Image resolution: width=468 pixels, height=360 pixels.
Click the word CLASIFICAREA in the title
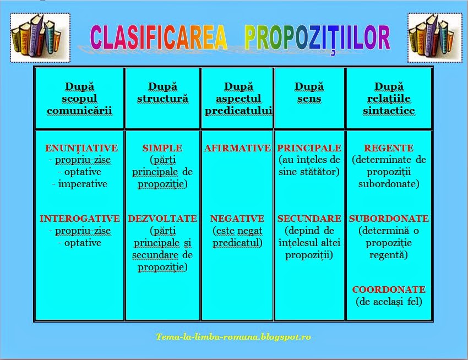[159, 37]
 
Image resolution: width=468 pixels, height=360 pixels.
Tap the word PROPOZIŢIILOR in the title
[317, 37]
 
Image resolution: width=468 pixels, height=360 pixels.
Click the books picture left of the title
[40, 38]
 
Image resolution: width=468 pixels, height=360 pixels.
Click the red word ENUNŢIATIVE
[81, 148]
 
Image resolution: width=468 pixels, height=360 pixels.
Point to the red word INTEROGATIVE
[80, 219]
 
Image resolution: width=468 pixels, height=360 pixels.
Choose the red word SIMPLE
[162, 148]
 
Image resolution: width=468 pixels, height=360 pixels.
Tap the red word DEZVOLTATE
[162, 219]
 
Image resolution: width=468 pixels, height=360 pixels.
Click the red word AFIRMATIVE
[237, 148]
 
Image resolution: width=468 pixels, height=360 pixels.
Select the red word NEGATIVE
[237, 219]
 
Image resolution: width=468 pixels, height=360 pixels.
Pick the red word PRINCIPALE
[309, 148]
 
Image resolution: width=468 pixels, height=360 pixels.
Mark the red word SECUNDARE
[309, 219]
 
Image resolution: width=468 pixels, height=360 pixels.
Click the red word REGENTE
[389, 148]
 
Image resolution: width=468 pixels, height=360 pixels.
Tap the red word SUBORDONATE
[389, 219]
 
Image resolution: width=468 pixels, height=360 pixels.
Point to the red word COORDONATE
[389, 290]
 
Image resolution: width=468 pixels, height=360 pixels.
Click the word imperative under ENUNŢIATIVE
[83, 184]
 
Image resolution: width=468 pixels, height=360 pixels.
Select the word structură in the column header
[162, 99]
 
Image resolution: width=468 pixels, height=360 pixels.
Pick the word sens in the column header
[309, 99]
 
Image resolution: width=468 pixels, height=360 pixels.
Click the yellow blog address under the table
[233, 336]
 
